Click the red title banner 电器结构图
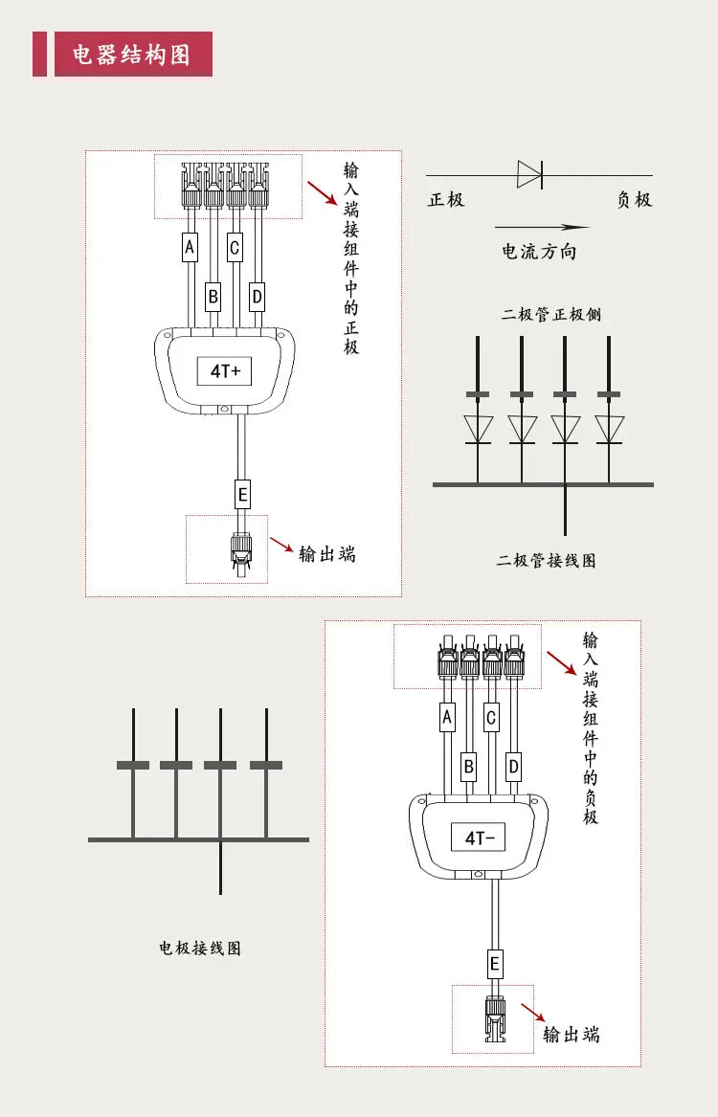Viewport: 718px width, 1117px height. pos(123,55)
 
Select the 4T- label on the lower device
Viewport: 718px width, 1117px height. pos(478,838)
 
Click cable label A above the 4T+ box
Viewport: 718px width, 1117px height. pos(190,248)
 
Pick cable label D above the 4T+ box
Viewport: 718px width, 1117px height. pos(257,297)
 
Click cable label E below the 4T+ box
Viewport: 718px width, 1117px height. pos(242,495)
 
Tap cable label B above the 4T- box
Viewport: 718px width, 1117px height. pos(468,765)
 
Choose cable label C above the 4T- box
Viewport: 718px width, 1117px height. pos(491,716)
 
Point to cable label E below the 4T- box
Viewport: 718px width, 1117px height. pos(495,964)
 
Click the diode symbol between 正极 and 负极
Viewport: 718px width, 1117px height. pos(529,174)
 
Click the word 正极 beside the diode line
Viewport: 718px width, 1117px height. pos(446,200)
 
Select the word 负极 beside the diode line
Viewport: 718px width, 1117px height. pos(634,200)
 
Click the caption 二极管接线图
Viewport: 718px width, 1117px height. pos(546,561)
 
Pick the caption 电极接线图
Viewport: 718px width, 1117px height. pos(199,949)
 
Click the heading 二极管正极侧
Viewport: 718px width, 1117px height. pos(550,314)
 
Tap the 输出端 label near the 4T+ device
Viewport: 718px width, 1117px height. pos(327,554)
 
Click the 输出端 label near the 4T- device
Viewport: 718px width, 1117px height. pos(571,1034)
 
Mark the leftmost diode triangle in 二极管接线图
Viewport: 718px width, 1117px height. pos(477,428)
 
